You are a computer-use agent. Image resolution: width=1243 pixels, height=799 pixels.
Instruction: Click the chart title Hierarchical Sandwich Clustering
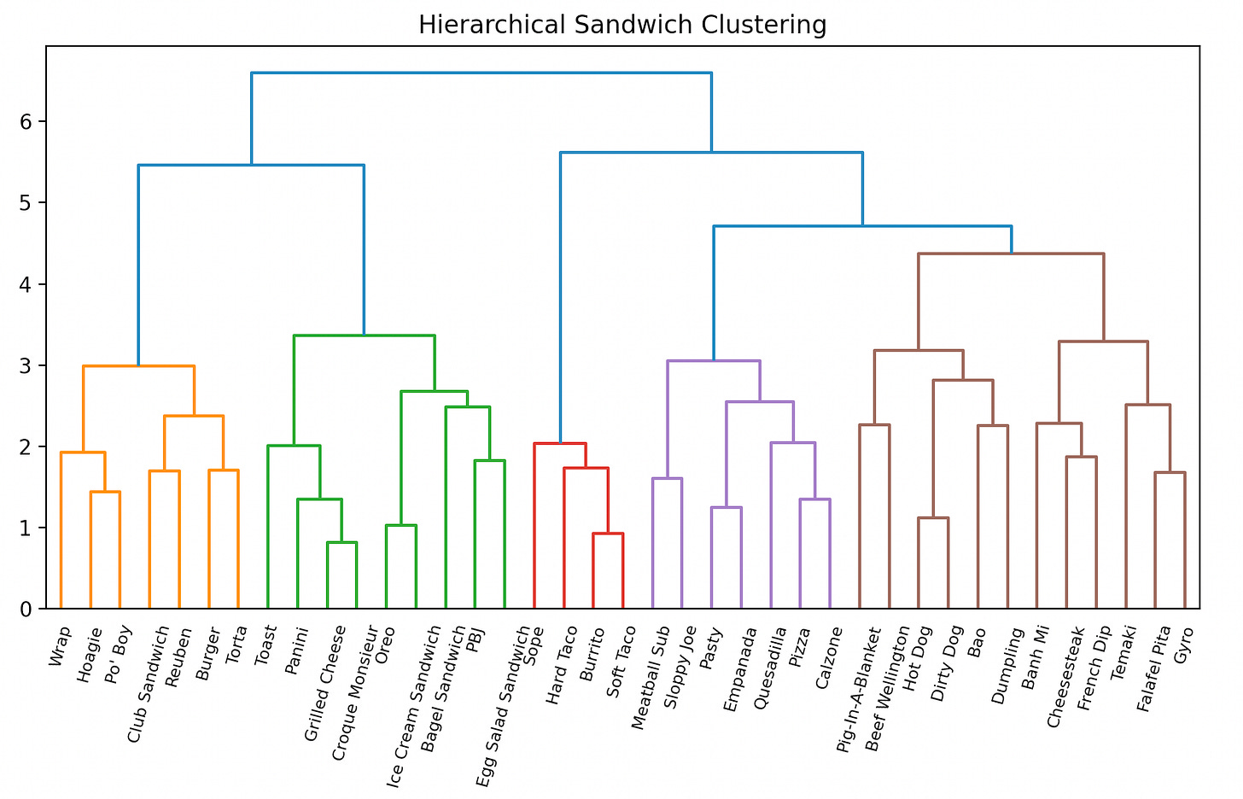[x=621, y=26]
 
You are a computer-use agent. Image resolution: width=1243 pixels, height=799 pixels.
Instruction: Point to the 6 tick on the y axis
[x=26, y=122]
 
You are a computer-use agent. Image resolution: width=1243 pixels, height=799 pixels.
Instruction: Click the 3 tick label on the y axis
[x=26, y=365]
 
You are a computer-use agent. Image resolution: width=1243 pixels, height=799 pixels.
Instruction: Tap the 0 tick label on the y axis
[x=26, y=609]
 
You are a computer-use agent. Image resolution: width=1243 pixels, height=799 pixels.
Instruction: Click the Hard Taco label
[x=564, y=665]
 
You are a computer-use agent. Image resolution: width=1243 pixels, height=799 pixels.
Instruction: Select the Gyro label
[x=1183, y=644]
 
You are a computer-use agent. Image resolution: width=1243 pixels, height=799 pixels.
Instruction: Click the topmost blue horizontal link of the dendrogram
[x=481, y=73]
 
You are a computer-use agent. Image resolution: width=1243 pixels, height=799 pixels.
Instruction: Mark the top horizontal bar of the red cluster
[x=560, y=443]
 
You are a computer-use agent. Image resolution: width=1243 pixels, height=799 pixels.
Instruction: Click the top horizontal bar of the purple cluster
[x=714, y=361]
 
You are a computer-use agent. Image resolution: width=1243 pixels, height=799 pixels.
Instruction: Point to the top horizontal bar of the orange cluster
[x=138, y=366]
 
